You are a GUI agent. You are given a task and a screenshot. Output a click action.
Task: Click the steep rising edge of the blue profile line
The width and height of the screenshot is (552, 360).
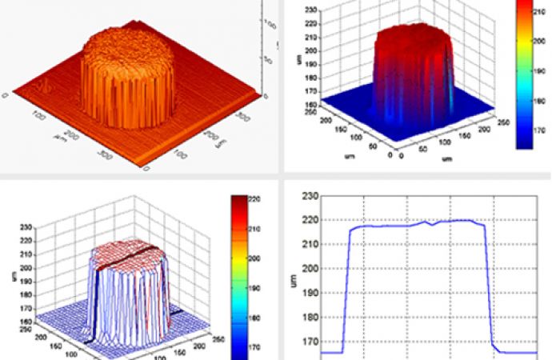(346, 288)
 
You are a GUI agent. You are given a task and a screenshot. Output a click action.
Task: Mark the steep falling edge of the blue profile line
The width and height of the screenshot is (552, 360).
(489, 288)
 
